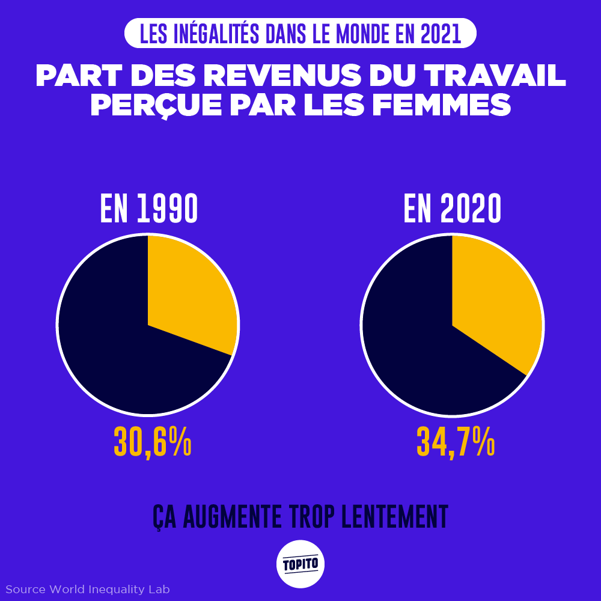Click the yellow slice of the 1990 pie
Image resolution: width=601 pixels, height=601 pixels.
coord(186,294)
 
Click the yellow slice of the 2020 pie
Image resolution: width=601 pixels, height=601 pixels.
coord(493,300)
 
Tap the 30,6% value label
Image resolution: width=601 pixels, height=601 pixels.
coord(153,442)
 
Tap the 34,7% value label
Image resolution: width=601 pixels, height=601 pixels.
coord(456,442)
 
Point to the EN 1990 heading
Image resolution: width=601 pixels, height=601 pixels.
coord(149,209)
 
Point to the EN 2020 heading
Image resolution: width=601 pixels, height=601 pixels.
coord(453,209)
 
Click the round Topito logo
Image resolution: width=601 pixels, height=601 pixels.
coord(300,564)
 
